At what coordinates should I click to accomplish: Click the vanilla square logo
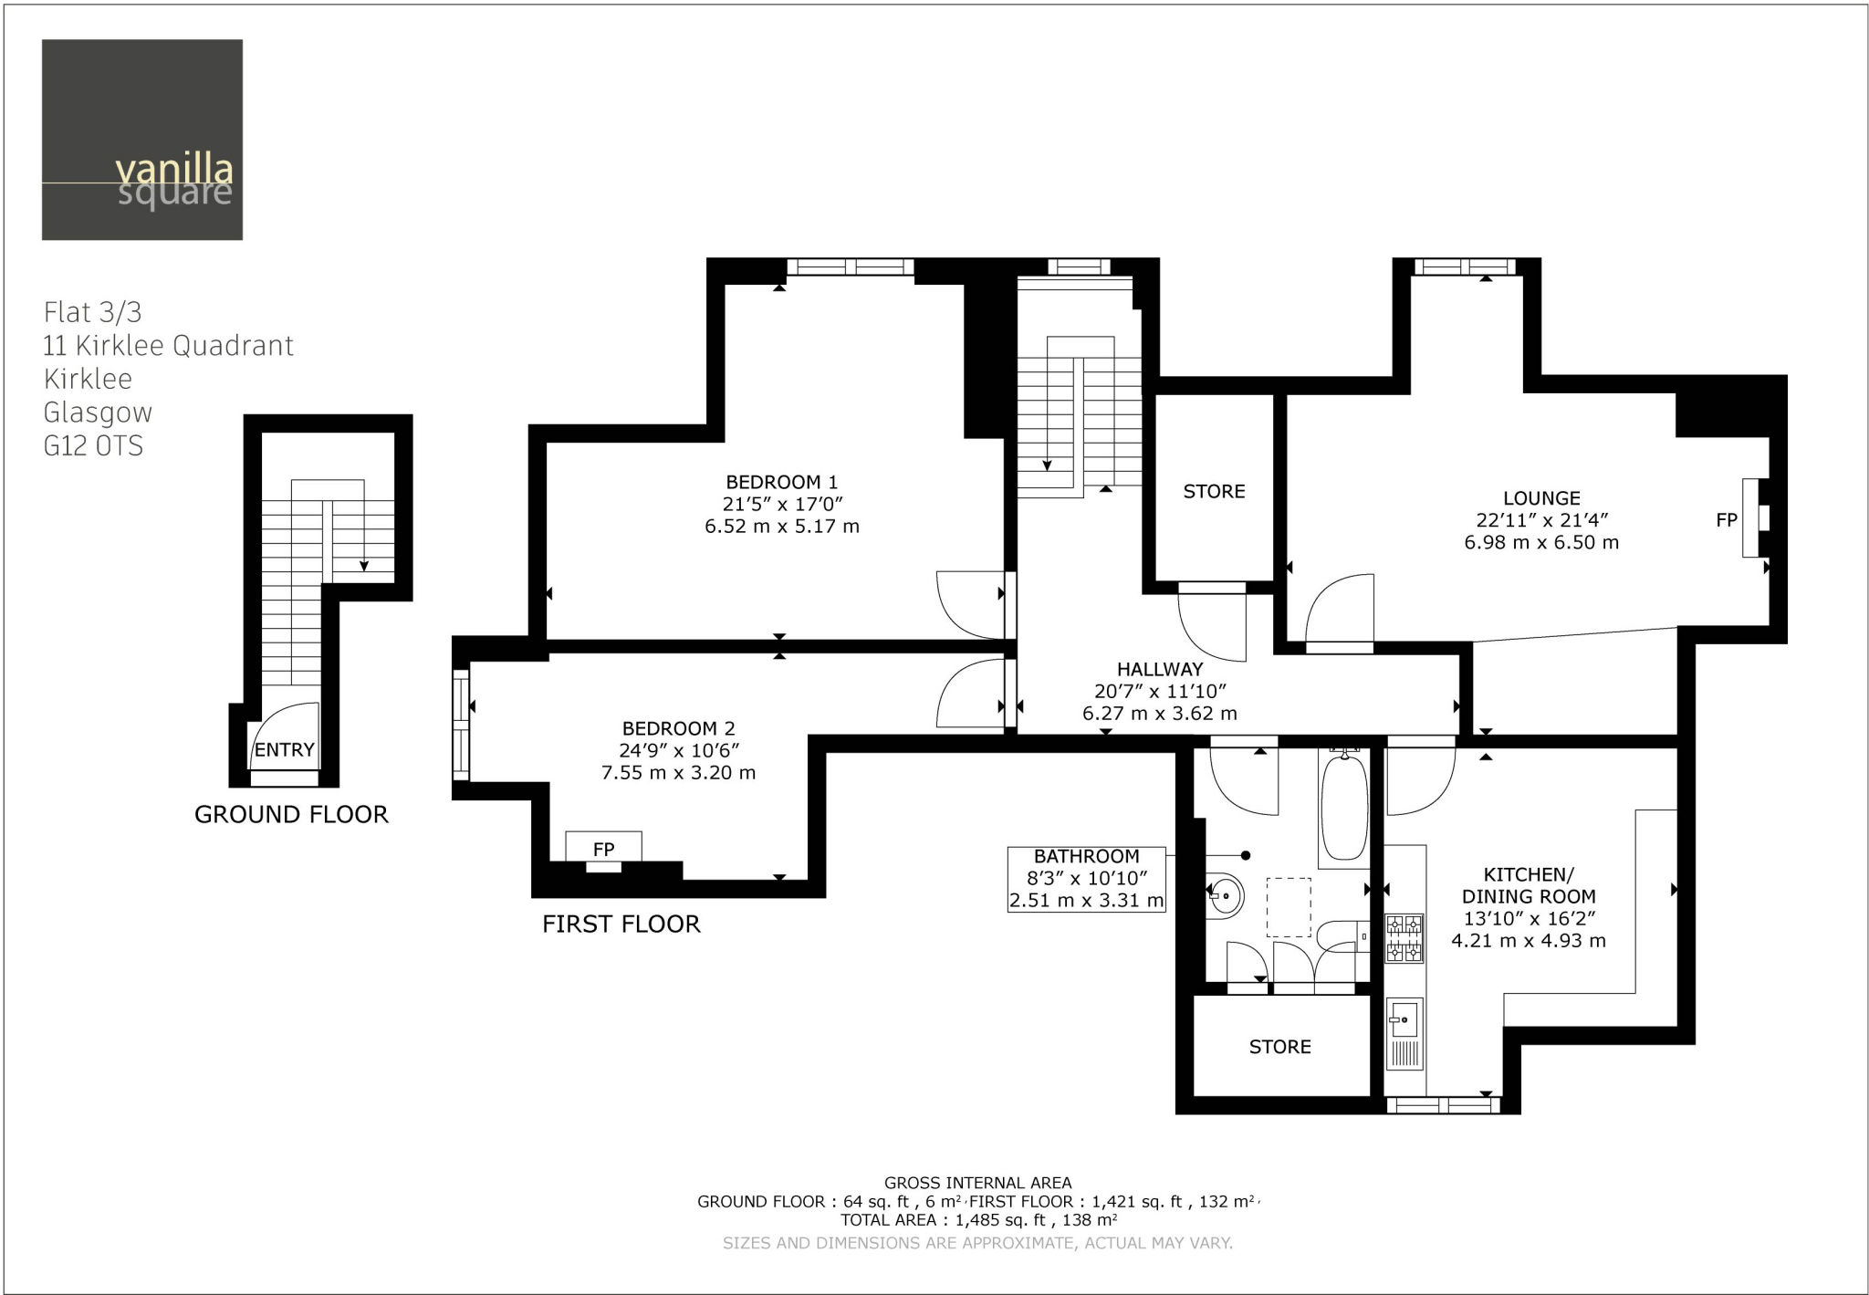[x=142, y=140]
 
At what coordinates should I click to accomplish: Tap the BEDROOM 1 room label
[x=781, y=482]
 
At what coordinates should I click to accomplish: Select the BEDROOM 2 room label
[x=678, y=728]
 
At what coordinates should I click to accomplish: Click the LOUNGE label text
[x=1541, y=498]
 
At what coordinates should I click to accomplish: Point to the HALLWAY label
[x=1160, y=669]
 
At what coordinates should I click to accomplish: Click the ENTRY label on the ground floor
[x=284, y=750]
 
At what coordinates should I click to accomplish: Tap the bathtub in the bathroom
[x=1344, y=806]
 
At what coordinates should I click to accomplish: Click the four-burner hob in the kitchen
[x=1404, y=939]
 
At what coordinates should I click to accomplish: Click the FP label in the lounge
[x=1726, y=520]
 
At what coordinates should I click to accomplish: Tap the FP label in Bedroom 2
[x=603, y=849]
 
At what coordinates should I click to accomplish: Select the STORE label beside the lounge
[x=1214, y=492]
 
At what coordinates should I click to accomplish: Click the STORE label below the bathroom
[x=1279, y=1047]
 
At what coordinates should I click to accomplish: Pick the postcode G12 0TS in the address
[x=93, y=446]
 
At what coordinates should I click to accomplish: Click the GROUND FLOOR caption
[x=291, y=814]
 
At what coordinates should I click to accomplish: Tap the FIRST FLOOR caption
[x=621, y=924]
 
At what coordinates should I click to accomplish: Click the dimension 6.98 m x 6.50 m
[x=1541, y=542]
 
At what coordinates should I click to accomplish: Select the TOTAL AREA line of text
[x=978, y=1219]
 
